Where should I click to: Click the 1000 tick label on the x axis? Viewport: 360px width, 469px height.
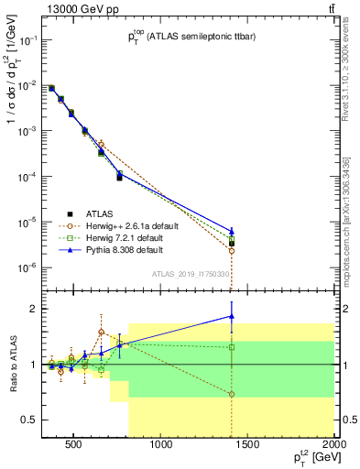point(161,445)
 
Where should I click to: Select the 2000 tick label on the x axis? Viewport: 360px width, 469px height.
point(334,445)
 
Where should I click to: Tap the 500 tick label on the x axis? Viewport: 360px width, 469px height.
point(74,445)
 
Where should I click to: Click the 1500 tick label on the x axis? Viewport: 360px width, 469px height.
point(248,445)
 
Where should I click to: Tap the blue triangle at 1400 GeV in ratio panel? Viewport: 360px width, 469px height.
point(232,316)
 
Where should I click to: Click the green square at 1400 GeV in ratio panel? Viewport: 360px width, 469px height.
point(232,347)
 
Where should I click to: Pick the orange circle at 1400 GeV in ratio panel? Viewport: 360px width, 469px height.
point(232,394)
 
